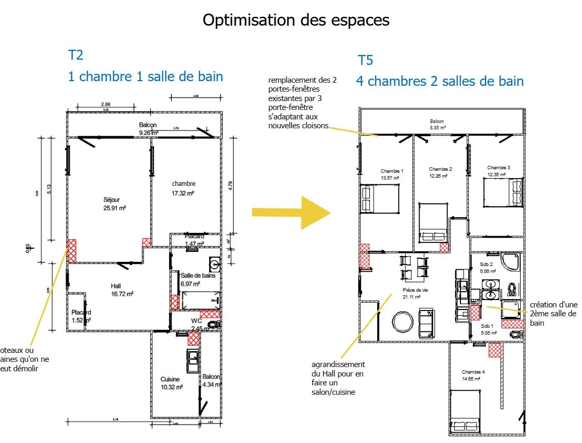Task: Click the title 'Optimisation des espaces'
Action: (296, 20)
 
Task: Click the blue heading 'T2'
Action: (76, 55)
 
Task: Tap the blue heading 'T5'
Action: (365, 60)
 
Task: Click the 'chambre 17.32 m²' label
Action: (183, 188)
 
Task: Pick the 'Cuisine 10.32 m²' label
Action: (171, 383)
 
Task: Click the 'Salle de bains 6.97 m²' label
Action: (197, 280)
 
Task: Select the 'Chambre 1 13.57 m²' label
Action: (391, 174)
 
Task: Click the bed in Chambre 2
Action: (434, 223)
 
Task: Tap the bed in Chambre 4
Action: (464, 414)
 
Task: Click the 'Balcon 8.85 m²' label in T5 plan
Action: (437, 124)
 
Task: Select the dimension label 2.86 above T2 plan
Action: (105, 104)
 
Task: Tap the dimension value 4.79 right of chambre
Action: (229, 185)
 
